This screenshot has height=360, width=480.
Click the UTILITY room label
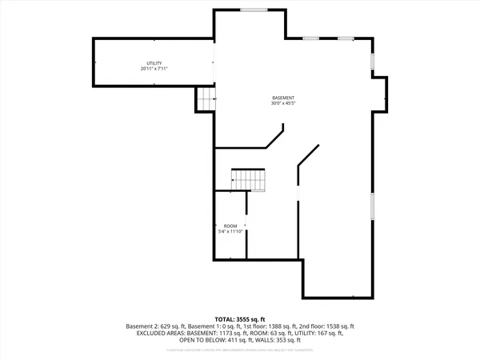pyautogui.click(x=154, y=62)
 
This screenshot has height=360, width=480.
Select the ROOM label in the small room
pyautogui.click(x=230, y=225)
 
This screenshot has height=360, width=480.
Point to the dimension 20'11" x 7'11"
pyautogui.click(x=154, y=69)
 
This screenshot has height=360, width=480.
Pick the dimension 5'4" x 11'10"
pyautogui.click(x=230, y=231)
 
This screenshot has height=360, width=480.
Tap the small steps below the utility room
pyautogui.click(x=206, y=98)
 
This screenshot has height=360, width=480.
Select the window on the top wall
pyautogui.click(x=254, y=10)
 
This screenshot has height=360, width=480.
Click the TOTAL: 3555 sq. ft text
pyautogui.click(x=240, y=319)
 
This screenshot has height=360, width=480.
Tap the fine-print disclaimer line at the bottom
pyautogui.click(x=240, y=349)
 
